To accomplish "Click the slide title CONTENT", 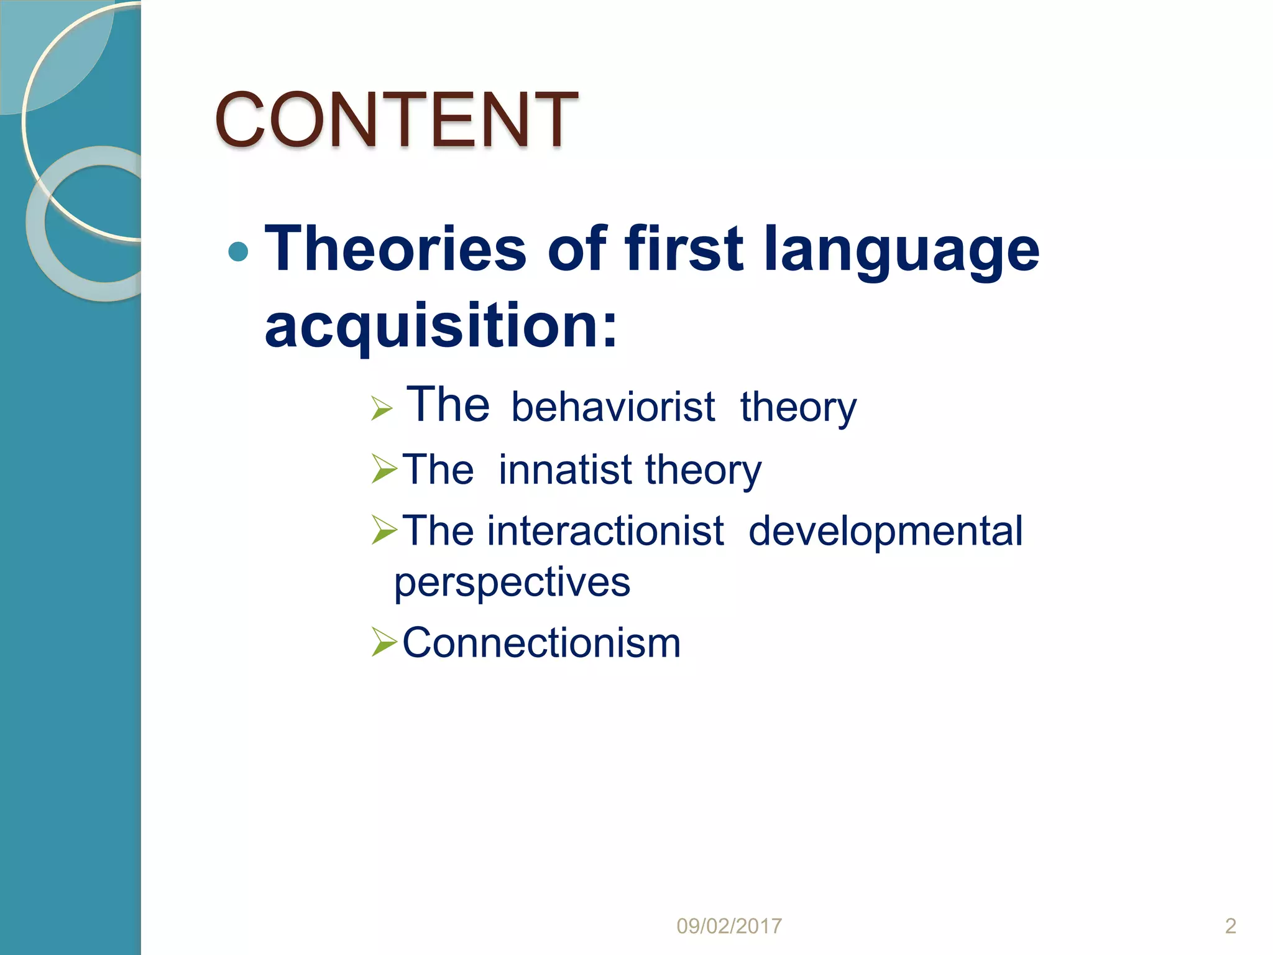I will (x=396, y=119).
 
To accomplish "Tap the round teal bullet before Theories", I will (x=238, y=252).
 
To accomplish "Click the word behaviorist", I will (x=613, y=407).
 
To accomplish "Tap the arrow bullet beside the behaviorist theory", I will (x=382, y=408).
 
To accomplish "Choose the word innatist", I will (x=565, y=469).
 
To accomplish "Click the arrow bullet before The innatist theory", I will (x=384, y=469).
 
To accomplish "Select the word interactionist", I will (x=605, y=532).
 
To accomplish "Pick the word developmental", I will (x=885, y=532).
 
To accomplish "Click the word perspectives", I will (x=512, y=583).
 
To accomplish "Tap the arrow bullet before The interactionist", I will (x=384, y=530).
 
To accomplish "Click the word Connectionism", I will (x=541, y=643).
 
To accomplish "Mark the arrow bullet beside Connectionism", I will (x=384, y=642).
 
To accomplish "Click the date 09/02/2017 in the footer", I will (x=728, y=926).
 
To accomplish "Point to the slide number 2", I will (x=1230, y=926).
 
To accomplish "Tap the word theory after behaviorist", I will (x=798, y=408).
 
